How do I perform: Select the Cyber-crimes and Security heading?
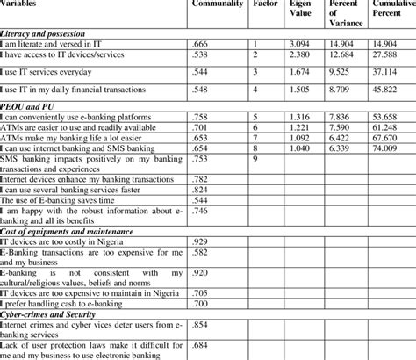[x=51, y=312]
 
